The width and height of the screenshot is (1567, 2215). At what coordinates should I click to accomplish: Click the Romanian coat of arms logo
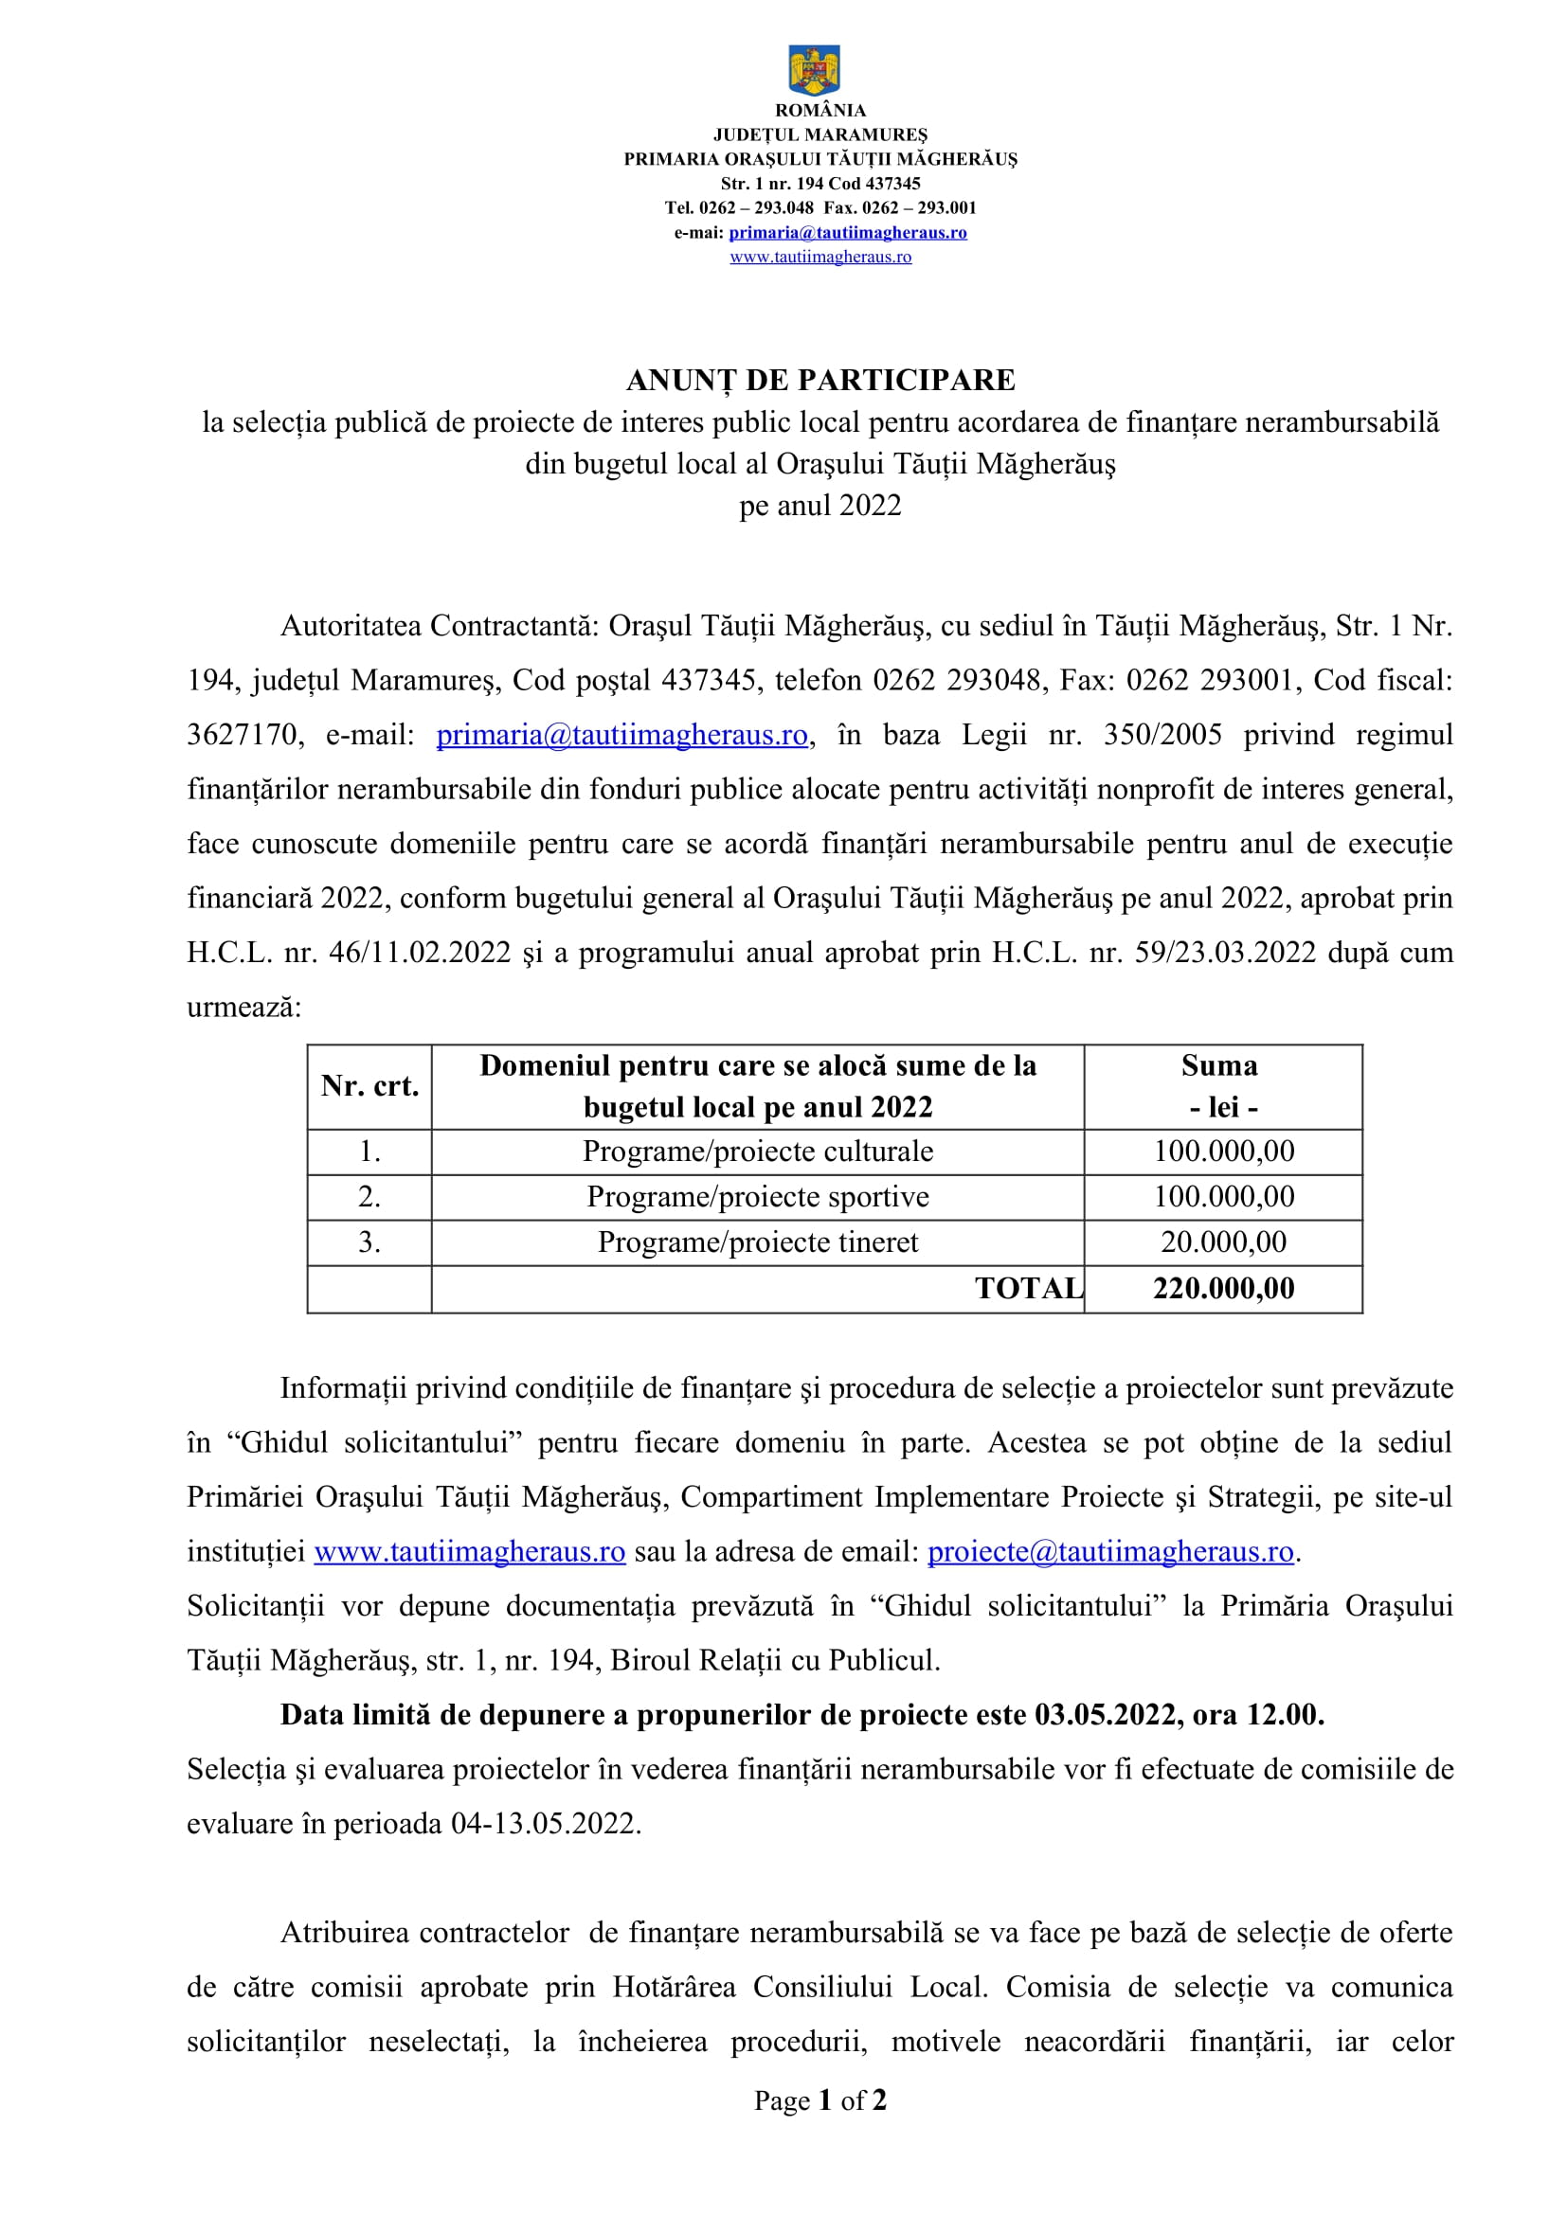814,69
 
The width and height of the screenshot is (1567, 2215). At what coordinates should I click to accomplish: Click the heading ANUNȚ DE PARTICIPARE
820,380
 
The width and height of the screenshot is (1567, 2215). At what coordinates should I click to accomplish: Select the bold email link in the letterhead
847,233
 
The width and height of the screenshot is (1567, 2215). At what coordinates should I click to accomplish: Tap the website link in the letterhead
820,257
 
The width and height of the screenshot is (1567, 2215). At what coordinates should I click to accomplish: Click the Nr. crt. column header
369,1086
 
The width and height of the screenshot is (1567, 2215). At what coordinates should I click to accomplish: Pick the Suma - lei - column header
1221,1086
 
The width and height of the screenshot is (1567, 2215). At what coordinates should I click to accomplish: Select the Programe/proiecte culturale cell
758,1151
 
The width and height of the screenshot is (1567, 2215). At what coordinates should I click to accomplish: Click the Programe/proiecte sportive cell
758,1196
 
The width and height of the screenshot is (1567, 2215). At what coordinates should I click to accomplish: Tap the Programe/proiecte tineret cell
758,1241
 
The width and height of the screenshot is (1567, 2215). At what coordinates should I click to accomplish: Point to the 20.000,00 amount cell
1223,1241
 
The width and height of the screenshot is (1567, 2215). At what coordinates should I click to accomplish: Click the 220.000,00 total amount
1223,1288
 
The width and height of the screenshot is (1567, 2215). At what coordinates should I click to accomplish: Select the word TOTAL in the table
1029,1288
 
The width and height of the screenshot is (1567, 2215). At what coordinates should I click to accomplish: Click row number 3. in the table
369,1241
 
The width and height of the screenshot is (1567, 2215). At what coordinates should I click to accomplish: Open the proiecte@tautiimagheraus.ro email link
1109,1551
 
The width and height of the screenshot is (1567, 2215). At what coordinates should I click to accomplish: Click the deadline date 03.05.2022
1106,1714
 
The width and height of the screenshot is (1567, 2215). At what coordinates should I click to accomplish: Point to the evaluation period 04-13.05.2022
545,1823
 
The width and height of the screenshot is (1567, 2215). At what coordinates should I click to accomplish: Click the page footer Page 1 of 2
820,2101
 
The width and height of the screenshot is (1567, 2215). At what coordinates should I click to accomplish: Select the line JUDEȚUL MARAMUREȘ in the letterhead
820,135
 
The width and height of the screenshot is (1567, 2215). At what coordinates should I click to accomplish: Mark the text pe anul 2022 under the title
820,506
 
